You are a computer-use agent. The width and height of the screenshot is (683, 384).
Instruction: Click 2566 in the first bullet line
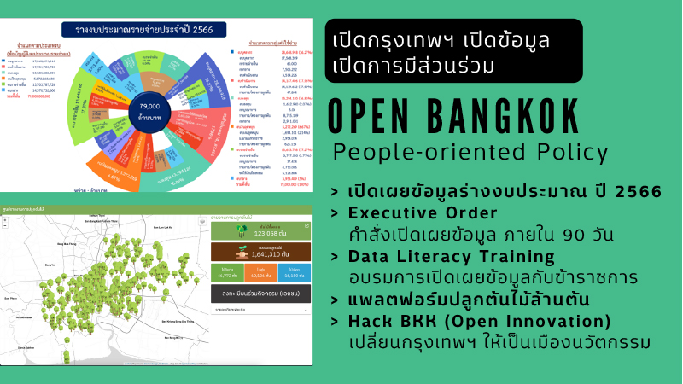637,191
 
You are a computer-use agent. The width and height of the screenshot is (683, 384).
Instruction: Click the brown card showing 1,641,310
260,252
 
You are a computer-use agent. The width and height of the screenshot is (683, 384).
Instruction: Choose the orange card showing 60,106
260,274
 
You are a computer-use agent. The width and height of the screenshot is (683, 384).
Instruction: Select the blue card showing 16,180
295,274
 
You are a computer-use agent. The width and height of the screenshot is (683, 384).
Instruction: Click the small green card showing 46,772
227,274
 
